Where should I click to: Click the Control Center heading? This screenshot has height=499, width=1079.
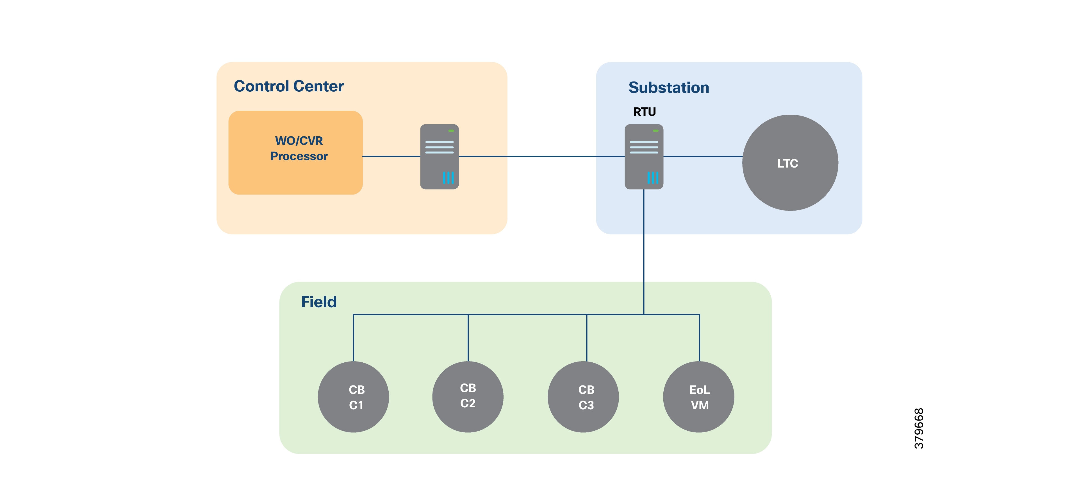[x=289, y=86]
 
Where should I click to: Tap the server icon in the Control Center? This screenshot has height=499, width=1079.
[x=440, y=156]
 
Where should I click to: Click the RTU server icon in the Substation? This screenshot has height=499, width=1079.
[x=644, y=156]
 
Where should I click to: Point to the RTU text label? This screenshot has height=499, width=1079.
[x=644, y=112]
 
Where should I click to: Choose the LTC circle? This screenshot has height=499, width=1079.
[x=790, y=163]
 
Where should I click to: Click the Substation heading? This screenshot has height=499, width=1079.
[x=668, y=88]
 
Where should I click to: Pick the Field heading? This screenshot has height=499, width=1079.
[x=319, y=302]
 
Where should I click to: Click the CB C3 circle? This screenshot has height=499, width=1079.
[x=583, y=397]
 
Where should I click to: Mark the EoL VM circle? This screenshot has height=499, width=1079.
[x=699, y=397]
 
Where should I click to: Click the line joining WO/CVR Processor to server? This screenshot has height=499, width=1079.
[x=391, y=156]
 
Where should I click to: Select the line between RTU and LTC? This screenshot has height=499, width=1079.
[x=703, y=156]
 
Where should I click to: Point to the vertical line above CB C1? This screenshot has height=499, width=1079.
[x=354, y=338]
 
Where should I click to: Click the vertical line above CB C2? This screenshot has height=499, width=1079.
[x=468, y=338]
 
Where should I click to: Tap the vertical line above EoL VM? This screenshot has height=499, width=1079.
[x=699, y=338]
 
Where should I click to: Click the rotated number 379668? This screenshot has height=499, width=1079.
[x=919, y=428]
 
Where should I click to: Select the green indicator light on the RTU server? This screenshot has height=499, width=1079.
[x=655, y=131]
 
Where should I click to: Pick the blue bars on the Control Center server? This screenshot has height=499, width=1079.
[x=448, y=178]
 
